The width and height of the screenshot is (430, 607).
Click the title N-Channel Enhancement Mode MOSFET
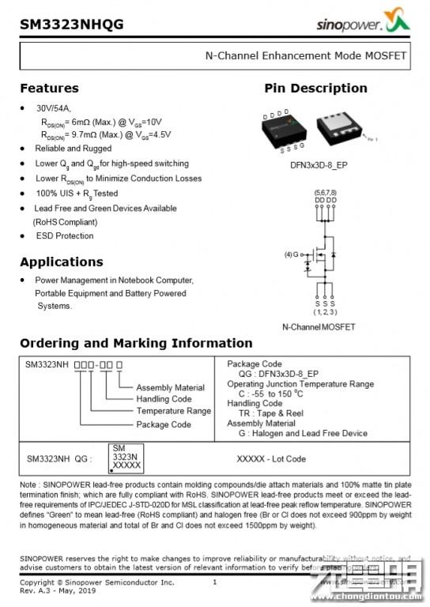pos(305,56)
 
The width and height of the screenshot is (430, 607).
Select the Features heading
pos(49,88)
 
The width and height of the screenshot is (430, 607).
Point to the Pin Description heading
pos(315,88)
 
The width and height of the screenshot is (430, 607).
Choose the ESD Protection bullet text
pos(64,236)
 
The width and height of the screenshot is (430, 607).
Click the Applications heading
pos(61,262)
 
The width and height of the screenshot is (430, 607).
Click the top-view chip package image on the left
pos(283,130)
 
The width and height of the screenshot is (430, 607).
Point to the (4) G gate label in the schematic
pos(292,254)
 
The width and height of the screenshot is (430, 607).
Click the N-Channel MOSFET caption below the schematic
pos(319,327)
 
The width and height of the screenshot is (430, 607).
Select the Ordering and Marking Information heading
pos(136,343)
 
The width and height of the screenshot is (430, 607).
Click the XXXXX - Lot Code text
pos(271,458)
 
